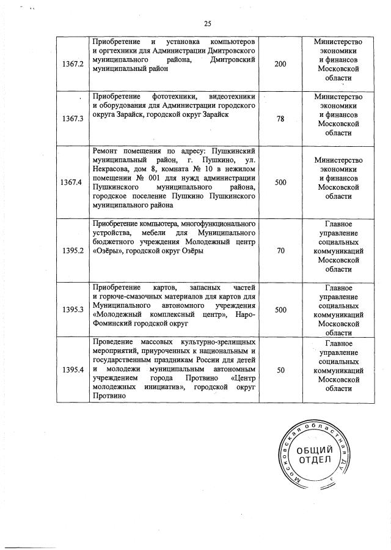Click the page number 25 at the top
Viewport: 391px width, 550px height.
click(x=207, y=23)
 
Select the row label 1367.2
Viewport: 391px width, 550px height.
click(x=72, y=64)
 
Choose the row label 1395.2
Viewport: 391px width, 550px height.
click(x=72, y=250)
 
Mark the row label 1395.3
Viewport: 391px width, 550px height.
click(x=72, y=310)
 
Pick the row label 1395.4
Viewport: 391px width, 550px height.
click(x=72, y=370)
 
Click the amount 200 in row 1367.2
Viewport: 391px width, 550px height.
click(x=280, y=64)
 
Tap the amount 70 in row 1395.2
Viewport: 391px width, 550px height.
click(x=280, y=250)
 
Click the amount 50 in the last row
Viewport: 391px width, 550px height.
click(x=280, y=370)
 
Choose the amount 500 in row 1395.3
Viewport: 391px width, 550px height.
click(x=280, y=310)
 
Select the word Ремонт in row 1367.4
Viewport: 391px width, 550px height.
click(x=107, y=151)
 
